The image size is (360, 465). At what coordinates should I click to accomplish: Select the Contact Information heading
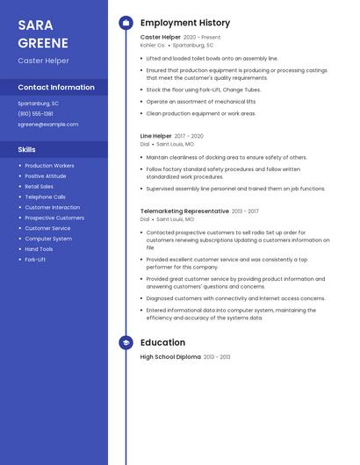coord(56,88)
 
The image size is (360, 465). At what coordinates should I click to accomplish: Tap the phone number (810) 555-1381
coord(35,113)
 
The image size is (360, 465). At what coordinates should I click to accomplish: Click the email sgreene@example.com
coord(48,124)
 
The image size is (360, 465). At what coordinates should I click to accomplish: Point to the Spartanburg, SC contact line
coord(39,103)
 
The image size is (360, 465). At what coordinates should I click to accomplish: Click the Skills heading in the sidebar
coord(27,149)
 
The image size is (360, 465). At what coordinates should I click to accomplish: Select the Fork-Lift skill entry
coord(35,260)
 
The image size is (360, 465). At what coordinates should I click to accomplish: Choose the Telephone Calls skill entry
coord(45,197)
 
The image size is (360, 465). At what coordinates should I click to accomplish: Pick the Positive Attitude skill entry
coord(46,175)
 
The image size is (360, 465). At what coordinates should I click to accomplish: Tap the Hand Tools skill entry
coord(39,249)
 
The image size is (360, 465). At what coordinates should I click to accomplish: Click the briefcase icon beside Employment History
coord(126,23)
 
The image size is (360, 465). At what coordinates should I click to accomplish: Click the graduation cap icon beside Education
coord(126,343)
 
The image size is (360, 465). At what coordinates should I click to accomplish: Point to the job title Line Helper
coord(156,136)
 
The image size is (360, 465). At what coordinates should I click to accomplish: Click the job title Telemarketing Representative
coord(184,211)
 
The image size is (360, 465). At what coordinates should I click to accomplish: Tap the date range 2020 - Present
coord(202,38)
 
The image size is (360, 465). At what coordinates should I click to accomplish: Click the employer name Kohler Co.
coord(153,45)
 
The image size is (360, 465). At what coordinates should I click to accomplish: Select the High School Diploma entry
coord(170,357)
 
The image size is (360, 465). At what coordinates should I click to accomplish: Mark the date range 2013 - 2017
coord(245,211)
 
